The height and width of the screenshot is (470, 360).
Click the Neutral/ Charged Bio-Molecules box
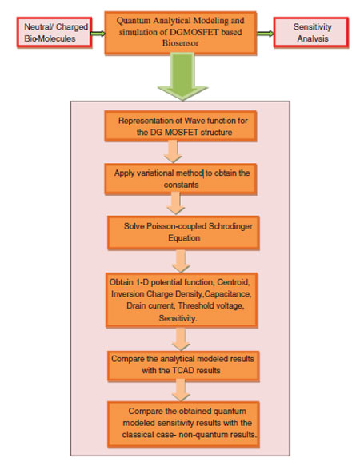(x=54, y=32)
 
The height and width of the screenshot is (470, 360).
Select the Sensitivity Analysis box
(x=311, y=32)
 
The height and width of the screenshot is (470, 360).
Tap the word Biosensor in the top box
(x=180, y=43)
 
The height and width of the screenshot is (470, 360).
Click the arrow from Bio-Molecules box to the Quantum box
(x=98, y=34)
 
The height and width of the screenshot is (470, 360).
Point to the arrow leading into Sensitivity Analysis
(x=266, y=34)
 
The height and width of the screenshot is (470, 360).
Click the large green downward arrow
(x=182, y=77)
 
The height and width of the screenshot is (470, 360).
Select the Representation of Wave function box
(x=181, y=126)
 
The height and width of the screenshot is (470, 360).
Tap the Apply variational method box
(x=181, y=179)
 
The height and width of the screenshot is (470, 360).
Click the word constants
(x=181, y=185)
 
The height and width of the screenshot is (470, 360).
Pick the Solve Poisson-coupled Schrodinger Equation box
(x=183, y=233)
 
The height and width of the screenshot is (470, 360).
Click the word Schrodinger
(x=230, y=226)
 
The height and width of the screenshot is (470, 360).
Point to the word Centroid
(x=234, y=282)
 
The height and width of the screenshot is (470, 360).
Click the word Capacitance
(x=227, y=294)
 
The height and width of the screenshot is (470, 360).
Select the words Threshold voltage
(x=211, y=305)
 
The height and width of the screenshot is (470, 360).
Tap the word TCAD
(x=184, y=371)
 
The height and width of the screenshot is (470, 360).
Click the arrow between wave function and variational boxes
(x=173, y=152)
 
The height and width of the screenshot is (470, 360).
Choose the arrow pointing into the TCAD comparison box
(x=181, y=339)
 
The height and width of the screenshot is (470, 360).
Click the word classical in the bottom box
(x=138, y=435)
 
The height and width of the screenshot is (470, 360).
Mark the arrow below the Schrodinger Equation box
(x=181, y=261)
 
